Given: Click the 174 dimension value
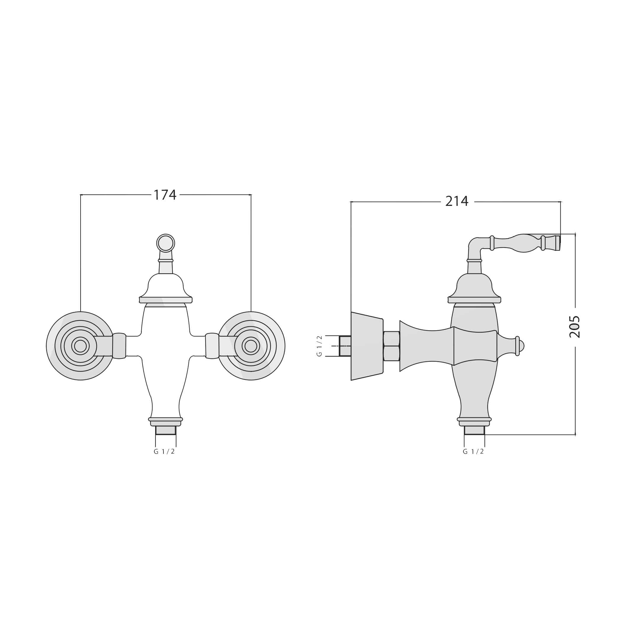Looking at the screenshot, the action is tap(165, 195).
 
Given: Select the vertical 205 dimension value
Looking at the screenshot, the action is tap(575, 327).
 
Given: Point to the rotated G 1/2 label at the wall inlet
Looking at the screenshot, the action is tap(319, 346).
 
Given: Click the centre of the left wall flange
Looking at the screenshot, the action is tap(80, 346).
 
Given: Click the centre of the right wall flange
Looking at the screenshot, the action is tap(251, 346).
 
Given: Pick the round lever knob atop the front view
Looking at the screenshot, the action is tap(166, 243).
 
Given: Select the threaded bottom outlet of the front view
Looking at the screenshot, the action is tap(166, 430).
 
